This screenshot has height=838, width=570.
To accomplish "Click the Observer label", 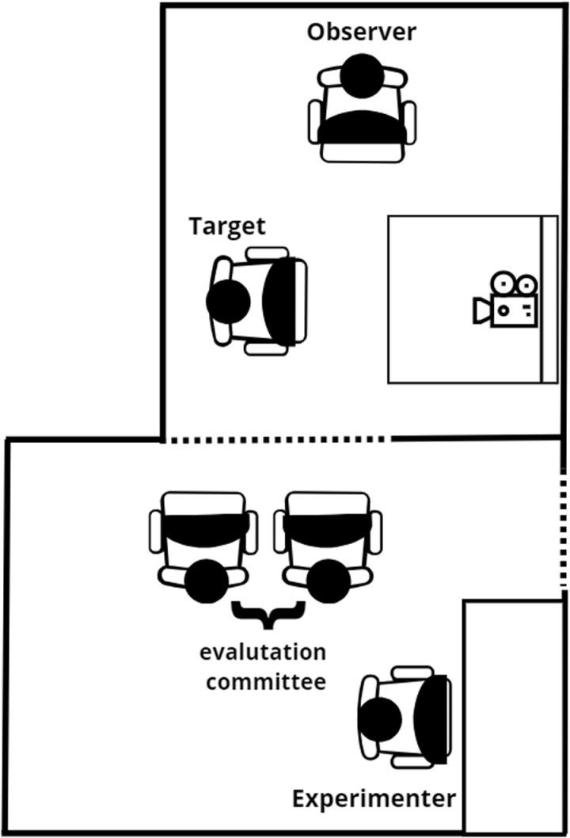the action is [361, 32].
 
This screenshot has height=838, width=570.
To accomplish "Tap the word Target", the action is [227, 226].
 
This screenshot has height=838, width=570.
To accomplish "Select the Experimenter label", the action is [374, 798].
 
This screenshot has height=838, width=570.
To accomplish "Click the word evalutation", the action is [263, 653].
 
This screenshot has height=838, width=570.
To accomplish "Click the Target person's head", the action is [228, 301].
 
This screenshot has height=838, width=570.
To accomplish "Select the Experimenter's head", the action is [380, 719].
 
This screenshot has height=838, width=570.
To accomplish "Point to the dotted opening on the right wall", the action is [564, 531].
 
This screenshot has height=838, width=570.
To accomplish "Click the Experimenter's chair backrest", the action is [431, 719].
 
